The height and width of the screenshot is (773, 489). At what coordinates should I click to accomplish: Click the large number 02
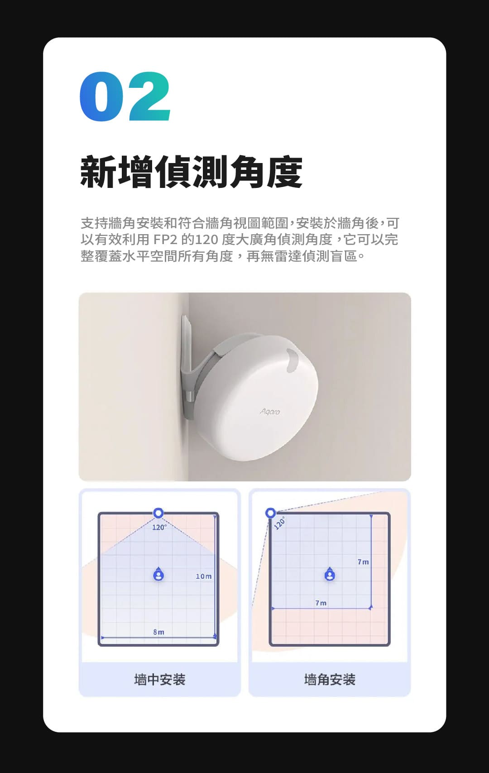pyautogui.click(x=125, y=96)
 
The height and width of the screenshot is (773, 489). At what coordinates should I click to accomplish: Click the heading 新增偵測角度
pyautogui.click(x=191, y=172)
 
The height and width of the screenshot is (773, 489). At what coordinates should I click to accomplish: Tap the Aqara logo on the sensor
pyautogui.click(x=270, y=412)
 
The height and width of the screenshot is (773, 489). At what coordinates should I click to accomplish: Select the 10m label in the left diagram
pyautogui.click(x=204, y=576)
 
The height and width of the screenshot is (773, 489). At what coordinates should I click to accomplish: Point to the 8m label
pyautogui.click(x=159, y=632)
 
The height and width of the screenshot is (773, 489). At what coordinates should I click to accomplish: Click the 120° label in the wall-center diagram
pyautogui.click(x=159, y=527)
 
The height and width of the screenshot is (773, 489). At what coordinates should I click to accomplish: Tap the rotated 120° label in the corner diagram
pyautogui.click(x=279, y=523)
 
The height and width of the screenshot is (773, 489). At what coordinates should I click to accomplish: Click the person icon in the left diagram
pyautogui.click(x=158, y=574)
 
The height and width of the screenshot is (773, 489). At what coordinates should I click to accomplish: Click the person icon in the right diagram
pyautogui.click(x=330, y=574)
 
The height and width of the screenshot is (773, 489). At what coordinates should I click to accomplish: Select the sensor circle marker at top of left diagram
pyautogui.click(x=158, y=513)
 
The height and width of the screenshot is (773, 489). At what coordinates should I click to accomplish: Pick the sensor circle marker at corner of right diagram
pyautogui.click(x=271, y=513)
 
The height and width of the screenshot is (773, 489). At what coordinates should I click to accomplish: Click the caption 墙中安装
pyautogui.click(x=160, y=679)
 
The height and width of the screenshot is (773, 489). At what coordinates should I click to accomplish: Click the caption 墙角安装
pyautogui.click(x=330, y=679)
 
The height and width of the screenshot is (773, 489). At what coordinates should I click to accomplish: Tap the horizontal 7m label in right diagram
pyautogui.click(x=321, y=603)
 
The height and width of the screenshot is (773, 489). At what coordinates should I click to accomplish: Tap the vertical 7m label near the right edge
pyautogui.click(x=363, y=562)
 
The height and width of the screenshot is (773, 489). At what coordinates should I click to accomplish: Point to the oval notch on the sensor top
pyautogui.click(x=292, y=360)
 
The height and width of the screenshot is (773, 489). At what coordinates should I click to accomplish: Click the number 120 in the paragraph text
pyautogui.click(x=207, y=239)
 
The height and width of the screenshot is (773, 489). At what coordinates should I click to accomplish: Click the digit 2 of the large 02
pyautogui.click(x=149, y=96)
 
